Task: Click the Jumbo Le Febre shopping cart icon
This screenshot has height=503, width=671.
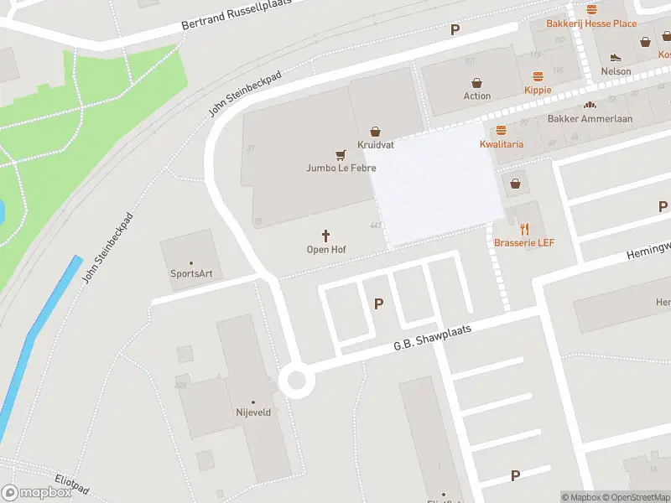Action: coord(340,154)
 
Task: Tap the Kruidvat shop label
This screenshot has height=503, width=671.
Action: coord(375,145)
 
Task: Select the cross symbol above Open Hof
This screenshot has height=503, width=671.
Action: coord(326,236)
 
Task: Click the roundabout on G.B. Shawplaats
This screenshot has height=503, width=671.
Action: coord(295,381)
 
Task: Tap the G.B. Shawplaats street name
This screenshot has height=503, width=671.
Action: coord(434,338)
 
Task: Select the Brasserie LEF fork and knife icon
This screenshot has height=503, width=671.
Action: coord(525,228)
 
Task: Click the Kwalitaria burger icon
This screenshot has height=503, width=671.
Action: coord(502,130)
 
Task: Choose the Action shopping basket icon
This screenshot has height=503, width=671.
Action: coord(477,83)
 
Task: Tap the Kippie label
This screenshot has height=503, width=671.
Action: coord(538,90)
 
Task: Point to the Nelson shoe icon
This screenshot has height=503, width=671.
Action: coord(616,57)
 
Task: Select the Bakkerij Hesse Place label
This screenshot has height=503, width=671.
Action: coord(591,23)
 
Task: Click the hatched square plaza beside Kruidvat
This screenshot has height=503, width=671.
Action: coord(436,184)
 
